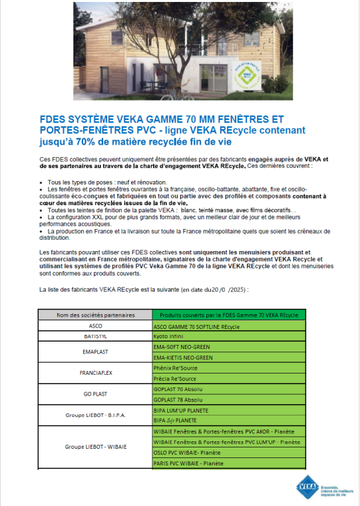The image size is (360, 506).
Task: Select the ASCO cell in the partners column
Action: click(96, 326)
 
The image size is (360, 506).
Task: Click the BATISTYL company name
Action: click(96, 337)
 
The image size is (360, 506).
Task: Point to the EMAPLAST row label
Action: click(96, 352)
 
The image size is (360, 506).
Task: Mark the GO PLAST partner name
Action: click(96, 394)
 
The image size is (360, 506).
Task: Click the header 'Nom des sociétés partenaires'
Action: click(96, 314)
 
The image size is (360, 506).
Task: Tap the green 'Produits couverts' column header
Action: click(228, 314)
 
